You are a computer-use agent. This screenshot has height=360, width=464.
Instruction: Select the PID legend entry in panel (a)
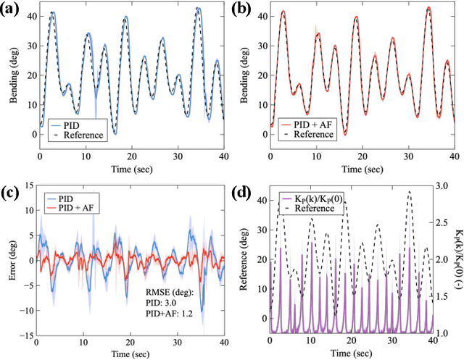click(x=72, y=125)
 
